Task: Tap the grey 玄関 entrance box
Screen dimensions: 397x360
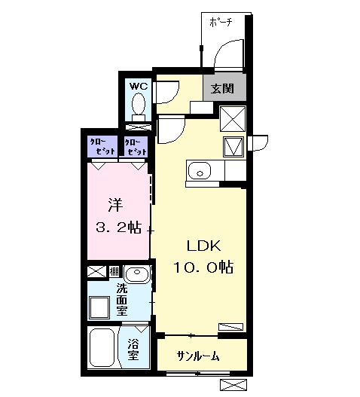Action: point(222,88)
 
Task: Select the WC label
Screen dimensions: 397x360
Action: point(138,86)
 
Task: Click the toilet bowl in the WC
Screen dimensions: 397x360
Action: point(138,109)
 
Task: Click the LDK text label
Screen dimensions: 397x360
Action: point(203,246)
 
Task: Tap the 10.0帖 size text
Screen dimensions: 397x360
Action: point(203,267)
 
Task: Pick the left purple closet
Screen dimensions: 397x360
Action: point(100,145)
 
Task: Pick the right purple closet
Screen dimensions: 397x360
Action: point(136,146)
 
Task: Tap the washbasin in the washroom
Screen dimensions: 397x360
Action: point(136,273)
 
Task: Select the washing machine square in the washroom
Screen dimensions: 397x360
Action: point(100,307)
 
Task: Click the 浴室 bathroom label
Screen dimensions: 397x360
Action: point(133,349)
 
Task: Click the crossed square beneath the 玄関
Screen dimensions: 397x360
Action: point(231,118)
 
